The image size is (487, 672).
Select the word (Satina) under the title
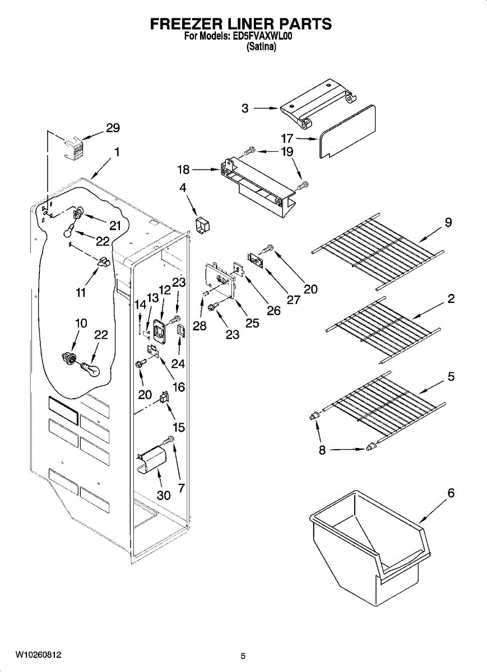[261, 46]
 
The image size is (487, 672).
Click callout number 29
[113, 128]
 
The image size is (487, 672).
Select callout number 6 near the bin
[451, 493]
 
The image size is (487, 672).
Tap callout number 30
[164, 495]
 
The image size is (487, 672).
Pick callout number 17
[287, 138]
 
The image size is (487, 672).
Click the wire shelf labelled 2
[383, 330]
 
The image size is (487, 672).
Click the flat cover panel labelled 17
[347, 132]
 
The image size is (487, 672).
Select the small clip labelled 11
[104, 262]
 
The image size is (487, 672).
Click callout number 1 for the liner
[117, 152]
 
